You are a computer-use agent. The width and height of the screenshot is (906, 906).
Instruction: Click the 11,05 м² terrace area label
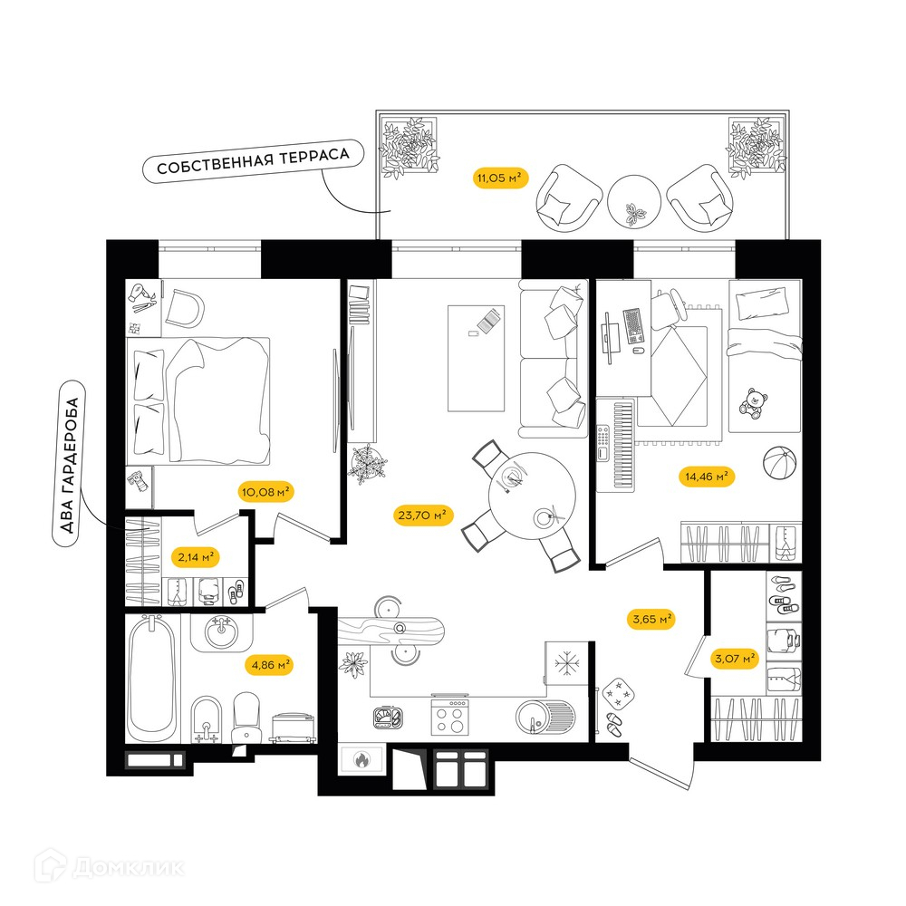[x=500, y=178]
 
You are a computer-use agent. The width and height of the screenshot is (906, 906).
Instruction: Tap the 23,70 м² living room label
[x=422, y=515]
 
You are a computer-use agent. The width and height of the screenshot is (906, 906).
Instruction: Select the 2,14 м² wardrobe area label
[x=196, y=557]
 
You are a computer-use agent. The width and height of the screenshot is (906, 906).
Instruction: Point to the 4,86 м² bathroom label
[x=270, y=665]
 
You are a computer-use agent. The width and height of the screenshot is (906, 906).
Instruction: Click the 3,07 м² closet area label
[x=735, y=658]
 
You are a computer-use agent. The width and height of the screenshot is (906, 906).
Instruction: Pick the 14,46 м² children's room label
[x=706, y=477]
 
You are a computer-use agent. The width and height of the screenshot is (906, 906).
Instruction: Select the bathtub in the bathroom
[x=151, y=678]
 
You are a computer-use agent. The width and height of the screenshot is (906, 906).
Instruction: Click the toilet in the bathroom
[x=246, y=718]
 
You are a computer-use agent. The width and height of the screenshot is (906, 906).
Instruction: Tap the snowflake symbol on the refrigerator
[x=566, y=663]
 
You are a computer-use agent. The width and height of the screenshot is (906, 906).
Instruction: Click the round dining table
[x=532, y=496]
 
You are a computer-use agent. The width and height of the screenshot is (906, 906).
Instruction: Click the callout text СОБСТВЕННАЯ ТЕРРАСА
[x=253, y=161]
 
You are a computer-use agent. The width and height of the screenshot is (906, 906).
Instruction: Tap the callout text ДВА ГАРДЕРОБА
[x=69, y=464]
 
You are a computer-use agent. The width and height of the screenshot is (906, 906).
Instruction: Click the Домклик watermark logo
[x=110, y=867]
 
